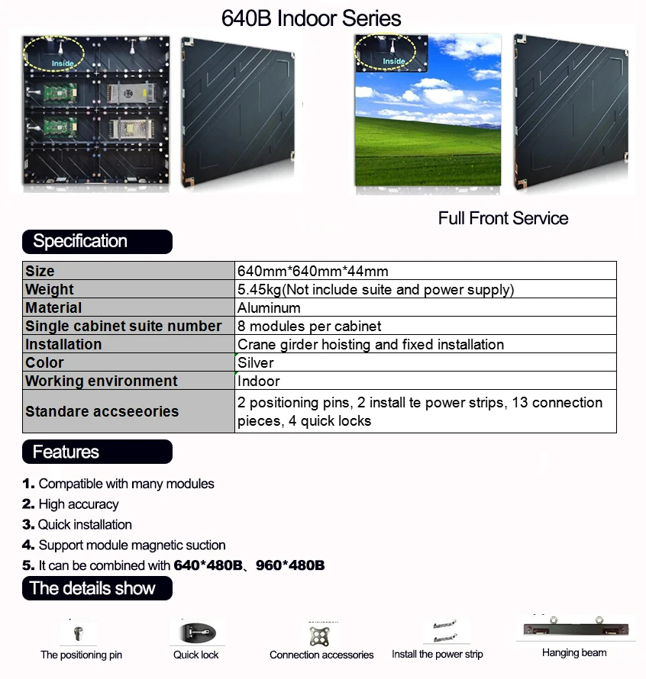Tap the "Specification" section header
point(80,241)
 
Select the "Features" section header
point(66,452)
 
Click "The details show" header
point(92,588)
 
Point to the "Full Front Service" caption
point(502,218)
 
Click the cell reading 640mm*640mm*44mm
point(312,271)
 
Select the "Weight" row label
point(50,289)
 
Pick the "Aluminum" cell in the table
point(269,307)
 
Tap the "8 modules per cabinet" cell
point(309,326)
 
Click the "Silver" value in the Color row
point(256,362)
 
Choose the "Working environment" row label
point(101,381)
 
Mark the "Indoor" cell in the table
point(259,381)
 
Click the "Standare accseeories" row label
point(102,411)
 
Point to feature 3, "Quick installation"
point(85,524)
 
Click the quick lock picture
point(196,634)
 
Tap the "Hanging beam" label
point(574,652)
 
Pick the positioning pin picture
point(79,633)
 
